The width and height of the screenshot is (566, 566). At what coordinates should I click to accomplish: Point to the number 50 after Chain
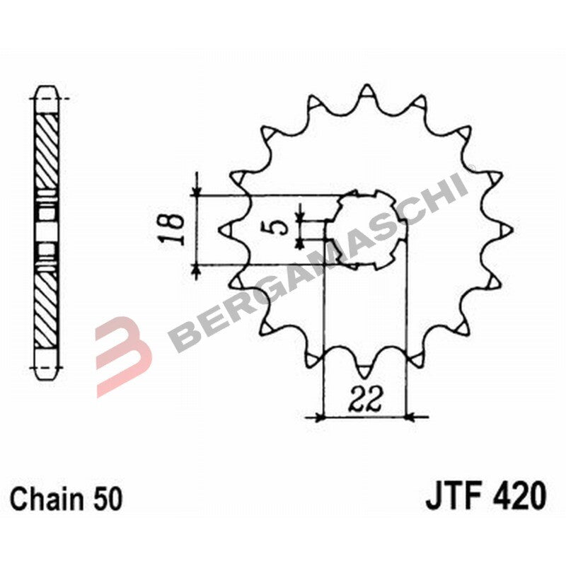pyautogui.click(x=107, y=499)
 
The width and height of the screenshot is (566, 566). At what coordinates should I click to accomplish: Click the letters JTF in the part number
pyautogui.click(x=451, y=495)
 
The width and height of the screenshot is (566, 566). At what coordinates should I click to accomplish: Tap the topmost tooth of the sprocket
pyautogui.click(x=366, y=92)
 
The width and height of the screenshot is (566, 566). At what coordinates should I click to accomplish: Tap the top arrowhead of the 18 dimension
pyautogui.click(x=197, y=190)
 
